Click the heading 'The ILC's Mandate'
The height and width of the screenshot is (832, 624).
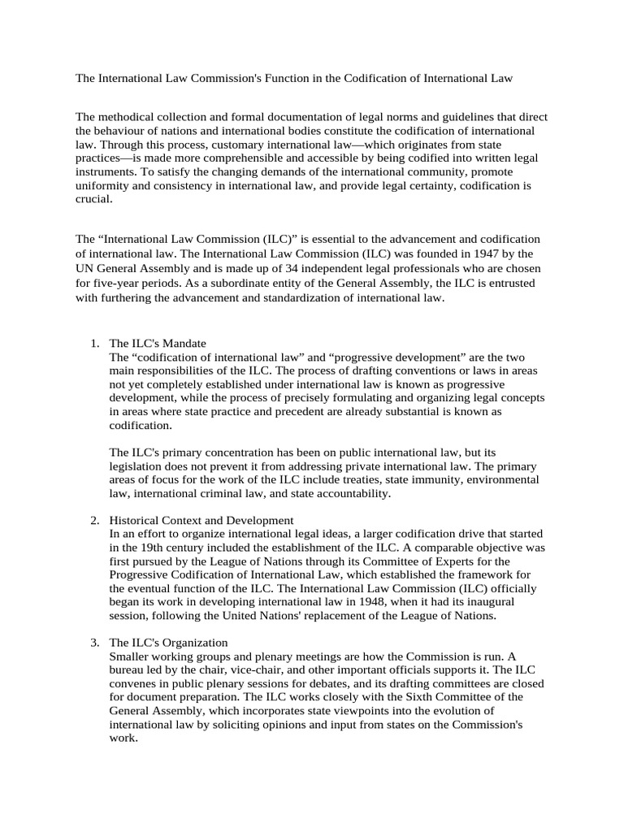(160, 343)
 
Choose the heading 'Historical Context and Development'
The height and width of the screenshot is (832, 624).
(201, 519)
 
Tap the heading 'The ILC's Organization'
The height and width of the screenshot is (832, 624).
(169, 643)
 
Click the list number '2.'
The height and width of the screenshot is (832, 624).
(95, 519)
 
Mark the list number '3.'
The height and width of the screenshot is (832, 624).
(95, 643)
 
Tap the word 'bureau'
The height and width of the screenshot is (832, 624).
(128, 670)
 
